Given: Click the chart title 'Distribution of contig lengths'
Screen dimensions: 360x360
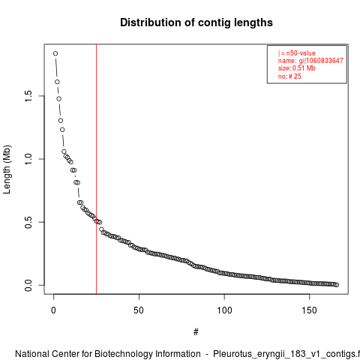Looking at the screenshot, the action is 196,22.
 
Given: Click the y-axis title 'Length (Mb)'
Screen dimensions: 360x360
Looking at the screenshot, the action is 7,169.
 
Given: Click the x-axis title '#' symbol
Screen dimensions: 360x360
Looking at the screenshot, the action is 196,332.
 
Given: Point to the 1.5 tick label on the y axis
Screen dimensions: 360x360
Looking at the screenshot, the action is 28,96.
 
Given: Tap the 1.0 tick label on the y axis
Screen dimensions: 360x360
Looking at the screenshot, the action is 28,159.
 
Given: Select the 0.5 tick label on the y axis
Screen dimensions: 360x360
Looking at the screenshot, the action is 28,222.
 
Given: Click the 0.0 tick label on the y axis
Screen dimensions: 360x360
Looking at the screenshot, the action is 28,285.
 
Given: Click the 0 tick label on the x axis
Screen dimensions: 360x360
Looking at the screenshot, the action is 53,310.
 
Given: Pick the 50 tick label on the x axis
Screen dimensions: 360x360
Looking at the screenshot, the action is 139,310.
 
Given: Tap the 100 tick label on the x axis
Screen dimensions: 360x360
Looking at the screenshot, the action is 224,310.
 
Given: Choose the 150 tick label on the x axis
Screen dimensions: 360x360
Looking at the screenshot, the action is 310,310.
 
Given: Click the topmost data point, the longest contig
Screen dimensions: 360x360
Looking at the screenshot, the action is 55,53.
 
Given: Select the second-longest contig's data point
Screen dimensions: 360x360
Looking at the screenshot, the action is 57,82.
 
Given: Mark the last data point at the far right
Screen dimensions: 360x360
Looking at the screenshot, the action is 337,285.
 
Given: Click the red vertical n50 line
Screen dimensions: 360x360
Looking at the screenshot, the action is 96,169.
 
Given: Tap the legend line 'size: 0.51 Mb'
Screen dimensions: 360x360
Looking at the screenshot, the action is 297,68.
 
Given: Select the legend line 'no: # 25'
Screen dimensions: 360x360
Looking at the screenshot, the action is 289,76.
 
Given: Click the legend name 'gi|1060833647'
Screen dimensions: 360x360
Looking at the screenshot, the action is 321,61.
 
